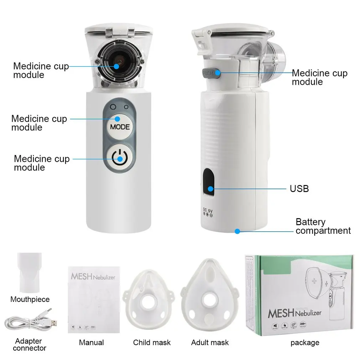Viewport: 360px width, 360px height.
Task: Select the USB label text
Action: pyautogui.click(x=299, y=188)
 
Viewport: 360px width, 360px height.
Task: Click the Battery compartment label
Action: pyautogui.click(x=323, y=226)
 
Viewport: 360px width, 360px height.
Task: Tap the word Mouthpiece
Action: pyautogui.click(x=30, y=299)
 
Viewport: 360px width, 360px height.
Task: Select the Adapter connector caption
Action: pyautogui.click(x=30, y=344)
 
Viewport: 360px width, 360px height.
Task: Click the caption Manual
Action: pyautogui.click(x=92, y=343)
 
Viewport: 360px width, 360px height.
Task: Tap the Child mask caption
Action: pyautogui.click(x=152, y=343)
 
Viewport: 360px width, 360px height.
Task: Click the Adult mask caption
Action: pyautogui.click(x=210, y=343)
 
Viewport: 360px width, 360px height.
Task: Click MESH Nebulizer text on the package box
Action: pyautogui.click(x=294, y=313)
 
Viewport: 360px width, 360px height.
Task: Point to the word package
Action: pyautogui.click(x=305, y=343)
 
